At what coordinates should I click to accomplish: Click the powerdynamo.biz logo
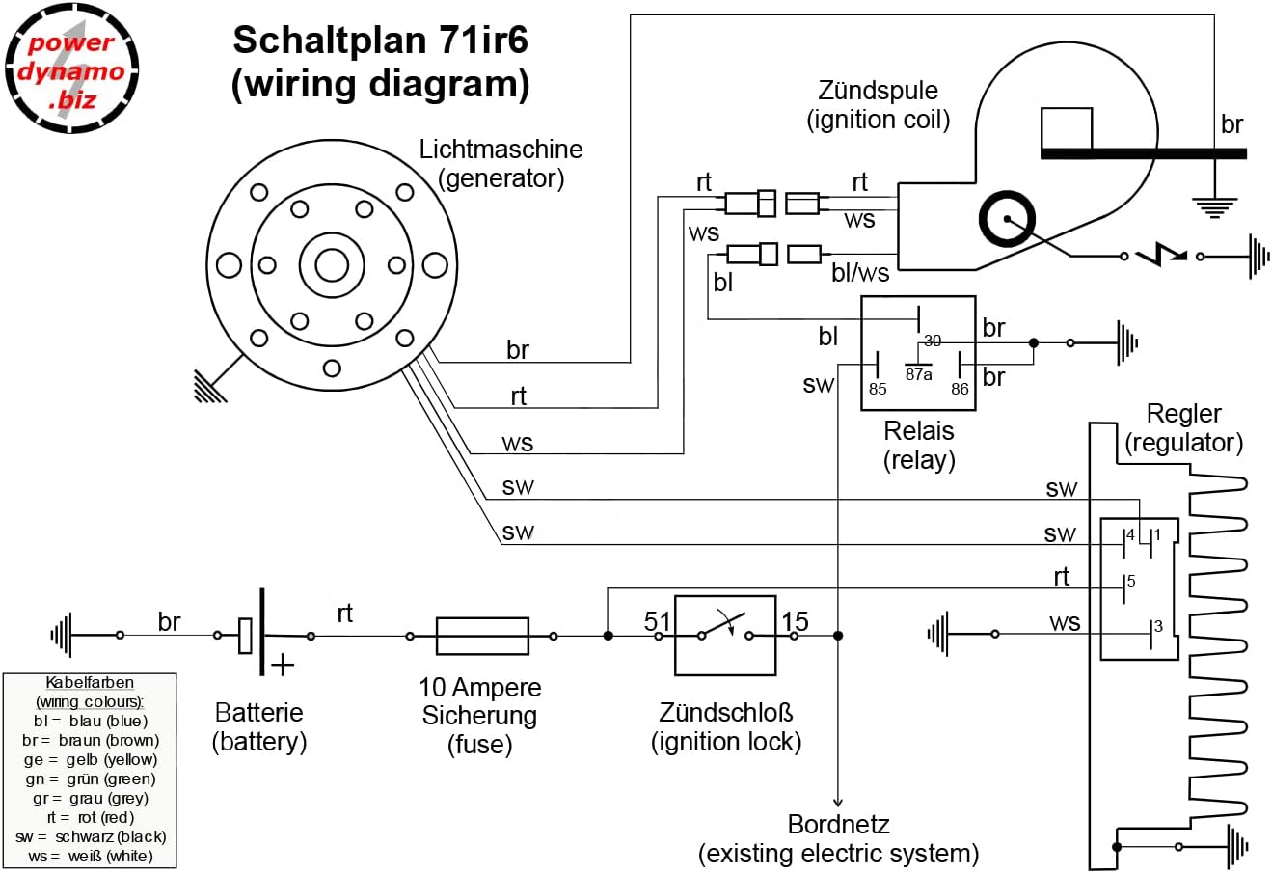click(x=71, y=68)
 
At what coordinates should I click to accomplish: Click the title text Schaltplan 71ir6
click(x=380, y=41)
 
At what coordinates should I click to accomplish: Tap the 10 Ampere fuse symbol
click(x=482, y=636)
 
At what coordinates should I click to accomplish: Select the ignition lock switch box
click(x=725, y=635)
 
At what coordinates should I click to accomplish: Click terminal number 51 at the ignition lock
click(x=657, y=621)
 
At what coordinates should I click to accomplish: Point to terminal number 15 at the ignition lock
click(x=795, y=621)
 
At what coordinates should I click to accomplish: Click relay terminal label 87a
click(x=919, y=374)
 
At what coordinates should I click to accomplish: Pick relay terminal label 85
click(x=878, y=389)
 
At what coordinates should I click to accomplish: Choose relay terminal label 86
click(x=960, y=389)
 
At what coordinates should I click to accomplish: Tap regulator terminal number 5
click(x=1131, y=582)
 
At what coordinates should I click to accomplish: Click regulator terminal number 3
click(x=1158, y=626)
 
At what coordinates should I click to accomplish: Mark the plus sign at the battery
click(x=283, y=665)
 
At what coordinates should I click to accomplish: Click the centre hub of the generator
click(x=332, y=264)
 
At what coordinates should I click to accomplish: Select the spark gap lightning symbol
click(x=1161, y=256)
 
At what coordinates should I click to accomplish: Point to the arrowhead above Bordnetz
click(x=838, y=802)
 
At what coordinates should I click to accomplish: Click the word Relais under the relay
click(x=919, y=431)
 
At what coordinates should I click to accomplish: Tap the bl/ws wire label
click(x=860, y=273)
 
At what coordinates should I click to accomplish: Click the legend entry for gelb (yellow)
click(x=90, y=759)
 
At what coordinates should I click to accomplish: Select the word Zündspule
click(x=878, y=91)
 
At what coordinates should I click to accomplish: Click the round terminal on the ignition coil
click(x=1007, y=220)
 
